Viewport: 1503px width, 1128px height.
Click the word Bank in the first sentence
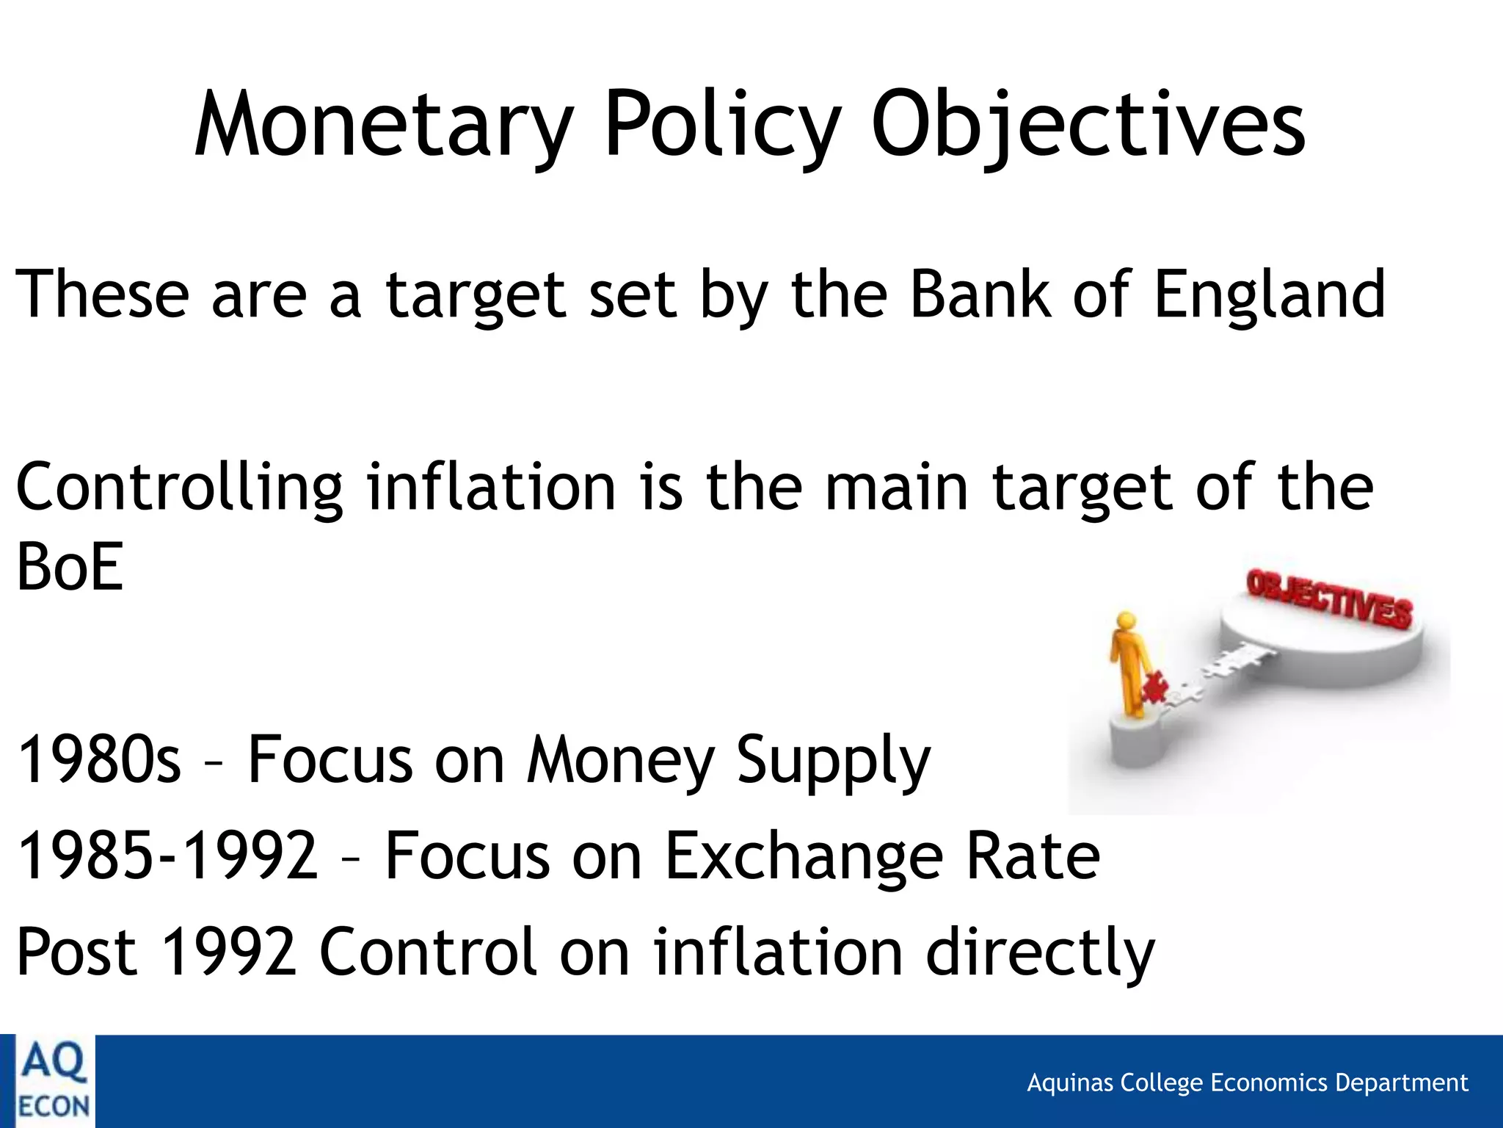coord(980,294)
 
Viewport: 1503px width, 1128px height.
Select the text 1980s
coord(98,760)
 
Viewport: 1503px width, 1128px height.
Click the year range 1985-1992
coord(167,856)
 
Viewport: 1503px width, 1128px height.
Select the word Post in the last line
coord(76,952)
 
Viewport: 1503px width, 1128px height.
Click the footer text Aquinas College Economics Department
coord(1247,1083)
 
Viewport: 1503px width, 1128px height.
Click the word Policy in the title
coord(722,125)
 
